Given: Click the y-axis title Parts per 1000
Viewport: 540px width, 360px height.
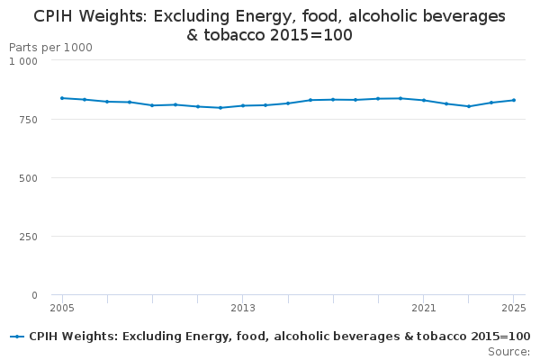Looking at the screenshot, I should [x=50, y=47].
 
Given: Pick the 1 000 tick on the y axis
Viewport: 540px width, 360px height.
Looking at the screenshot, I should [x=23, y=61].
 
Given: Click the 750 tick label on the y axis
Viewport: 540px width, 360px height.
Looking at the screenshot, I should [x=29, y=120].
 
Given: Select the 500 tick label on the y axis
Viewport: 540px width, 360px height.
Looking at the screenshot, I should [x=29, y=178].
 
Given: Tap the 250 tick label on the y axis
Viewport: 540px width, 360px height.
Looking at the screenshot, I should [x=29, y=237].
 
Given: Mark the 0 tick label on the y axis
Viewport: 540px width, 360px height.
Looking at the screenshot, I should [x=34, y=295].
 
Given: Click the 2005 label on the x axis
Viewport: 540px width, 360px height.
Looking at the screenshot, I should [x=62, y=308].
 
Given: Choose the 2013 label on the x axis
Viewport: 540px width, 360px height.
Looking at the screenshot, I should [x=243, y=308].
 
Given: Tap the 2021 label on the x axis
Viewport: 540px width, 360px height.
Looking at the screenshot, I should [x=423, y=308].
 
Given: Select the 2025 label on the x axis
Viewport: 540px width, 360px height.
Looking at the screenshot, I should [x=513, y=308].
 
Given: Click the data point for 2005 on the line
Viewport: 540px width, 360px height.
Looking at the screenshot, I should [x=62, y=98].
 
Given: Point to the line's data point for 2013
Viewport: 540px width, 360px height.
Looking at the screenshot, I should [x=243, y=105].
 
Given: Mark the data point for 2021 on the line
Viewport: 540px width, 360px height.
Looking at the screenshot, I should [x=423, y=100].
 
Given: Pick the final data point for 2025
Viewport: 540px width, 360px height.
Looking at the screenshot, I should [x=513, y=100].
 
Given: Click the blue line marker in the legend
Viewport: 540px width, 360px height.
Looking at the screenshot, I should [x=17, y=337].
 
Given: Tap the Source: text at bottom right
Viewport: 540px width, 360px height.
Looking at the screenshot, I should [x=508, y=352].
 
